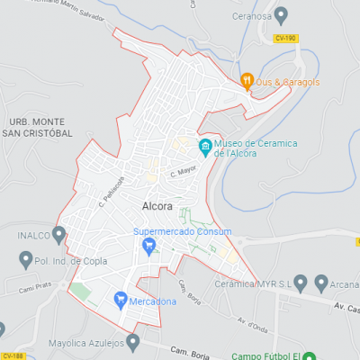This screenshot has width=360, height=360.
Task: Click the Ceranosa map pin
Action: click(x=281, y=15)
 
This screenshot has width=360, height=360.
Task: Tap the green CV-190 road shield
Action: click(x=286, y=37)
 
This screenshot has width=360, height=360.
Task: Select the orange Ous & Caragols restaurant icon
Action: click(x=247, y=80)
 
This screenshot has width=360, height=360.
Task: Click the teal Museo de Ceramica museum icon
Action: click(x=205, y=147)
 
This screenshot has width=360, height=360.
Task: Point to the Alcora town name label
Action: click(x=157, y=206)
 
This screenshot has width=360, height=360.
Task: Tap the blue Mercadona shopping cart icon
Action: click(x=119, y=299)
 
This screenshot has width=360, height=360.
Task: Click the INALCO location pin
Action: click(x=59, y=236)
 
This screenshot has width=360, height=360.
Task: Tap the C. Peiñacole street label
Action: click(x=112, y=188)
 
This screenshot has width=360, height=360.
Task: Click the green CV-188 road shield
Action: click(x=12, y=355)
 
